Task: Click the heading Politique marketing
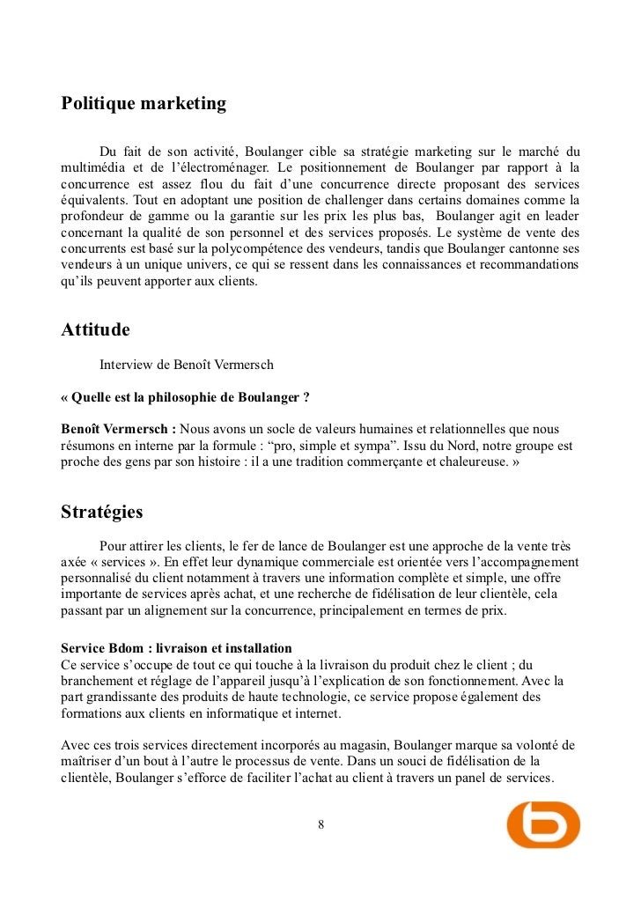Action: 144,104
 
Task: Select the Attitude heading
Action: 95,330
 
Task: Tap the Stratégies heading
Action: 101,512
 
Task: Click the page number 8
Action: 320,824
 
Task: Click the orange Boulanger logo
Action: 543,824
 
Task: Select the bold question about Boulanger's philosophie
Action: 185,396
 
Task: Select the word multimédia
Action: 95,167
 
